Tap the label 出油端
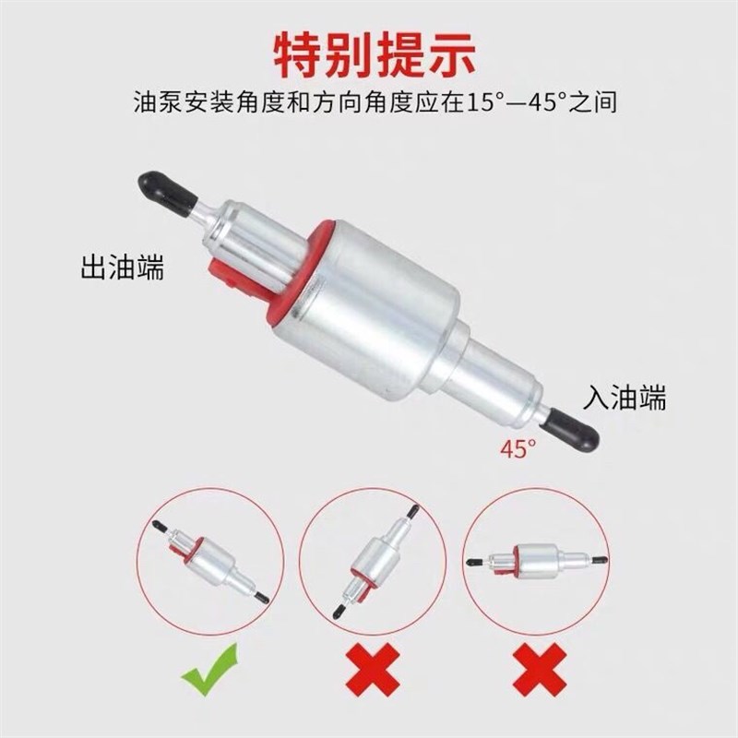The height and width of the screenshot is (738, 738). (123, 269)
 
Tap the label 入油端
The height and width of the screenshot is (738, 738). (625, 397)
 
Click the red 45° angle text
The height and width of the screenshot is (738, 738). (518, 449)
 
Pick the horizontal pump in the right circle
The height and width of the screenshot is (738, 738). (537, 560)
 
